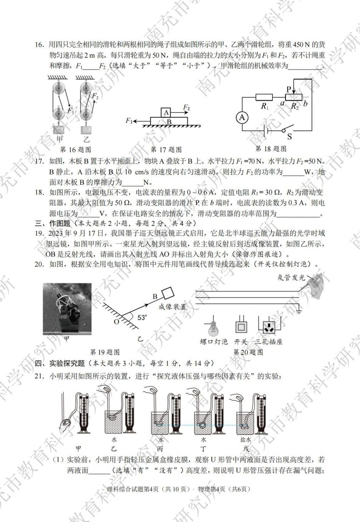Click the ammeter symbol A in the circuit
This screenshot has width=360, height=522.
242,118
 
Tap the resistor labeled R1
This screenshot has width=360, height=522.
264,98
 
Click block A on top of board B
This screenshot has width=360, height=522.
166,112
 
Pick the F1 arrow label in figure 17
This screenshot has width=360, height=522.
129,121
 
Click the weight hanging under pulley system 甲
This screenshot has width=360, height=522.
59,129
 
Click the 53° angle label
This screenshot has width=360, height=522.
142,317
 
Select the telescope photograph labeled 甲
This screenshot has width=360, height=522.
67,309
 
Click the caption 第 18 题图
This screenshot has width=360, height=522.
271,149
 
